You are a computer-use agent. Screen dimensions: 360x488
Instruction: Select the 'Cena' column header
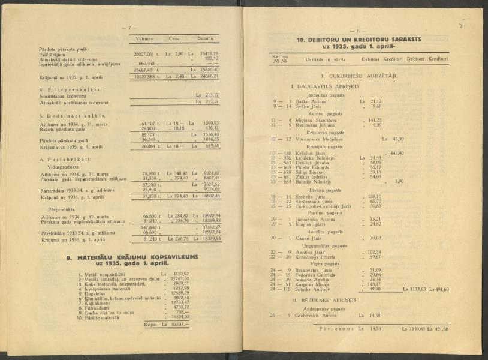(x=175, y=38)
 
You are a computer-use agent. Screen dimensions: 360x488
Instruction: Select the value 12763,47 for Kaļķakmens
(x=179, y=302)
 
